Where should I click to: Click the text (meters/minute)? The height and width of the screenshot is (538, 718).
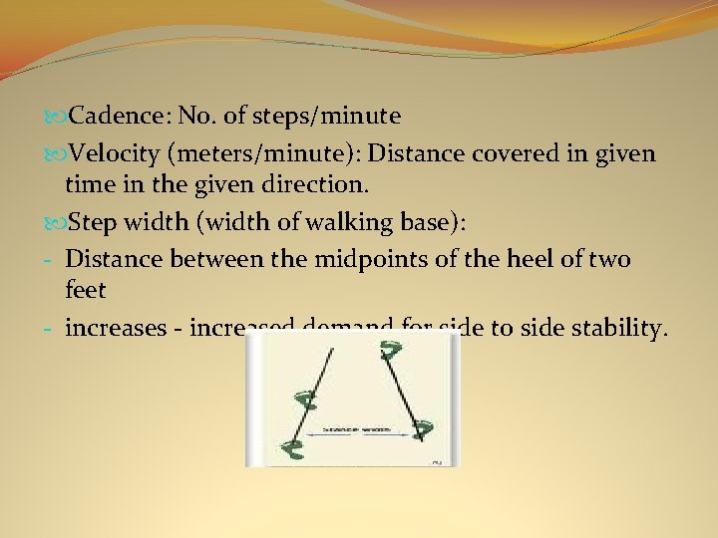point(263,153)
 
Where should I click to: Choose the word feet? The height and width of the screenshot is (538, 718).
point(85,291)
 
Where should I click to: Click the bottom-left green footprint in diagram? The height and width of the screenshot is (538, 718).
point(293,449)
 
